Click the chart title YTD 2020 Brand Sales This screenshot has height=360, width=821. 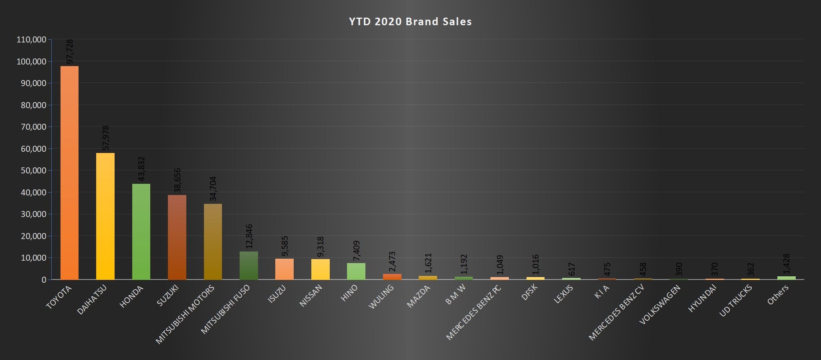410,22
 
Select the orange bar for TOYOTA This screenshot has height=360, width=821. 69,172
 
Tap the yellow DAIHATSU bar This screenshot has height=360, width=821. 105,216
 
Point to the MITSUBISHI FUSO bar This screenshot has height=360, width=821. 249,265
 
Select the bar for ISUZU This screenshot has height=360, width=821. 284,269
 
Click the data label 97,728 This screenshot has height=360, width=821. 70,51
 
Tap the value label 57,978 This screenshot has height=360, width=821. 106,138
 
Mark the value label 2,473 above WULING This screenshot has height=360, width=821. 392,262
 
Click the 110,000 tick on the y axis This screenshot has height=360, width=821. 32,40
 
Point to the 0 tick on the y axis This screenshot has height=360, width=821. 44,280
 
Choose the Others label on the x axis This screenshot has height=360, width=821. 778,294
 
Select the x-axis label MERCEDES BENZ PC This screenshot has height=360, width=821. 474,312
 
